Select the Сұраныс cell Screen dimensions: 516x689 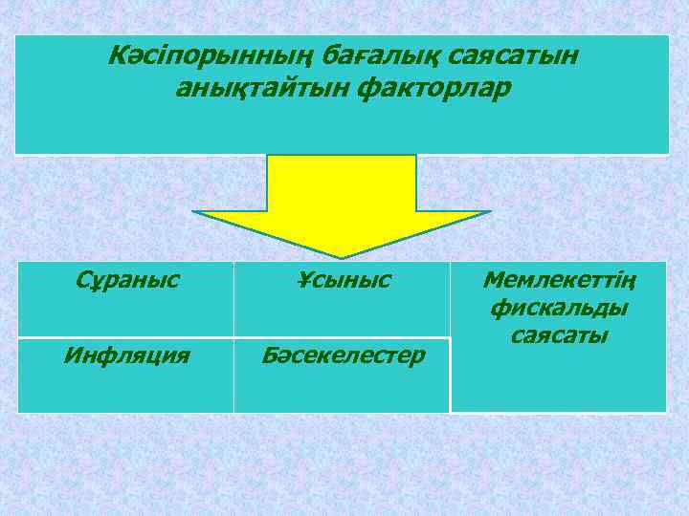coord(126,281)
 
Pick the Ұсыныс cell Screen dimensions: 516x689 coord(343,281)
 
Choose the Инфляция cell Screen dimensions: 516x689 coord(126,355)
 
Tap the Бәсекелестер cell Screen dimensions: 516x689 coord(343,355)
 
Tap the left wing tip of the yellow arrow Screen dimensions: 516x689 coord(194,212)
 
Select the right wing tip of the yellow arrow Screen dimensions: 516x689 coord(489,212)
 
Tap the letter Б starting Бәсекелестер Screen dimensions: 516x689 coord(270,355)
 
